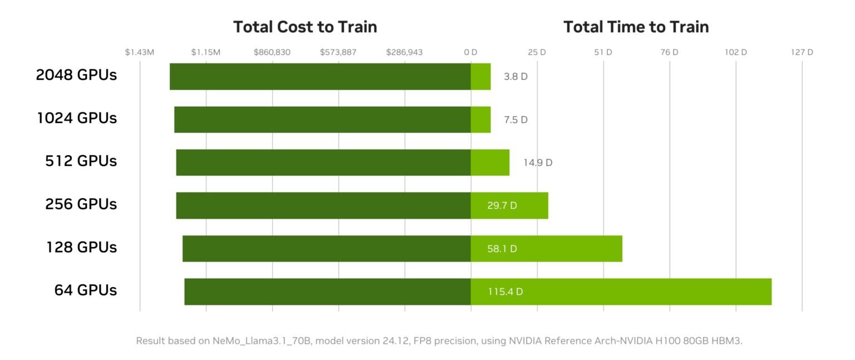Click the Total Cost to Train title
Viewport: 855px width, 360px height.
[304, 27]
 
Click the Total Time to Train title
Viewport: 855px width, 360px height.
[636, 27]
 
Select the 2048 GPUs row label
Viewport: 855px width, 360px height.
[76, 75]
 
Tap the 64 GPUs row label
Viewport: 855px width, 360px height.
[85, 290]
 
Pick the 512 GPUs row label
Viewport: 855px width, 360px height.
[81, 161]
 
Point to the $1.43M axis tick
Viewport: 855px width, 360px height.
[139, 52]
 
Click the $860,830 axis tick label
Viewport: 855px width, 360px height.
[272, 52]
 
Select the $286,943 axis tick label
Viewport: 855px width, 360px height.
[404, 52]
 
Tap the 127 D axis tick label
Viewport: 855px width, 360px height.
[802, 52]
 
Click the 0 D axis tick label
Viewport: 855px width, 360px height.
[471, 52]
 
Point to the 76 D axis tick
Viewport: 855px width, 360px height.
[669, 52]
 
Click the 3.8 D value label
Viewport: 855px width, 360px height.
[515, 77]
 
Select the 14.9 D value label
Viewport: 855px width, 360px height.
[537, 163]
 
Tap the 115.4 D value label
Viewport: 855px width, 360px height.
[505, 292]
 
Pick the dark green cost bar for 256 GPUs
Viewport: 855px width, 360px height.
[323, 205]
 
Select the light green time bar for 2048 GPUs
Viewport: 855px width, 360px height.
[480, 76]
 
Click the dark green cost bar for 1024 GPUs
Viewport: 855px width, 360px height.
[322, 120]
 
